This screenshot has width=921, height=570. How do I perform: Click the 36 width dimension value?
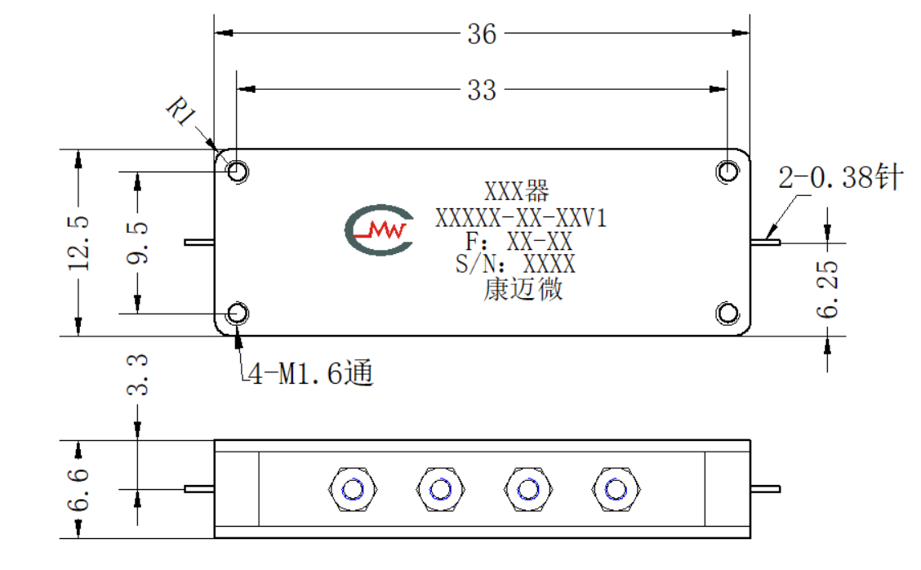[x=482, y=34]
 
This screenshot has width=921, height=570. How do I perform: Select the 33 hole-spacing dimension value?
[x=482, y=91]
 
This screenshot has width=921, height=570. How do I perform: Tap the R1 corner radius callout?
[x=181, y=112]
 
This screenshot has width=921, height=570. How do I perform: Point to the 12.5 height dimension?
[x=78, y=243]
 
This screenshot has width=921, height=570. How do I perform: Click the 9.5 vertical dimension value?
[x=137, y=243]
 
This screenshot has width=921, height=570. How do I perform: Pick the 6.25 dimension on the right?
[x=828, y=289]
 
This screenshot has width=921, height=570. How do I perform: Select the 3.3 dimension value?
[x=137, y=374]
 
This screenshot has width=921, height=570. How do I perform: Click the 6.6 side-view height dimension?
[x=78, y=489]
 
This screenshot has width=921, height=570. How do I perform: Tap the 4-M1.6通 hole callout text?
[x=311, y=373]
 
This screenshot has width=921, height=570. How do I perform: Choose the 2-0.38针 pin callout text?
[x=840, y=177]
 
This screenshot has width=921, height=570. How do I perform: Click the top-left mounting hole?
[x=238, y=171]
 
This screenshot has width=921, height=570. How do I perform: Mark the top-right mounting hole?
[x=727, y=171]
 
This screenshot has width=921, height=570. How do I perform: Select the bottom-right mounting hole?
[x=727, y=314]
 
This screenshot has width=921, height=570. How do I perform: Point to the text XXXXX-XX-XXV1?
[x=520, y=219]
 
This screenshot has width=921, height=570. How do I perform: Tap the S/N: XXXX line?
[x=516, y=264]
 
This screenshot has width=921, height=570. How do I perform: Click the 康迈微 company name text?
[x=523, y=289]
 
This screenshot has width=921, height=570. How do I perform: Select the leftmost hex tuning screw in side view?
[x=353, y=489]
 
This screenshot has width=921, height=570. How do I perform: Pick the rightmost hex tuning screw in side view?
[x=616, y=489]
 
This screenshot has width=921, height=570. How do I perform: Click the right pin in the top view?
[x=765, y=242]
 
